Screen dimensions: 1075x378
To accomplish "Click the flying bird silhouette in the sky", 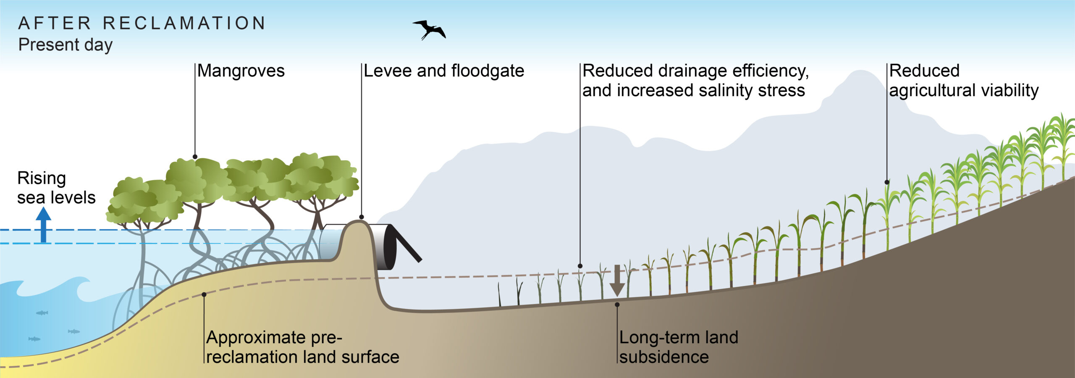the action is click(x=429, y=30).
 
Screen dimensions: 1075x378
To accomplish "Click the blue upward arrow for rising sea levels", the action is click(x=43, y=225).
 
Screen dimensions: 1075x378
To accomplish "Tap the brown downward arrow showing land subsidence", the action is click(x=617, y=280).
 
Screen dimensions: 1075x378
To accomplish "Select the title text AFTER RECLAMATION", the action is click(x=142, y=23).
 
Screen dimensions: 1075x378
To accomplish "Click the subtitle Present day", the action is click(x=66, y=45).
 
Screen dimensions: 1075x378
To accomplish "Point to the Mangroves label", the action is click(x=241, y=71).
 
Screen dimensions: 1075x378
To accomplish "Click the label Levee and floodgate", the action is click(x=444, y=71).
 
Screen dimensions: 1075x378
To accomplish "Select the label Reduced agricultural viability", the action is click(x=964, y=81).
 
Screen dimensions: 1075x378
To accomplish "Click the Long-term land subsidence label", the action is click(x=679, y=347).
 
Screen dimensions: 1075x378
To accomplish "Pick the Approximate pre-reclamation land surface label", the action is click(x=303, y=347).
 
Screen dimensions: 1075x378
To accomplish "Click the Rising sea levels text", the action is click(x=56, y=188).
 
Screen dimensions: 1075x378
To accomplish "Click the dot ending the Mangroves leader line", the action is click(x=195, y=157).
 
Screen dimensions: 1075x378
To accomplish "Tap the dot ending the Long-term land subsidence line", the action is click(x=617, y=304).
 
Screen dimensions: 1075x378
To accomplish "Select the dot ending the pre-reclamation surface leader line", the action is click(x=204, y=294).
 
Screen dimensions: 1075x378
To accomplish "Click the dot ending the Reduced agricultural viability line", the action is click(x=887, y=182).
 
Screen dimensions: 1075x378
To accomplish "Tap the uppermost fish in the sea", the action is click(x=42, y=312).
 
